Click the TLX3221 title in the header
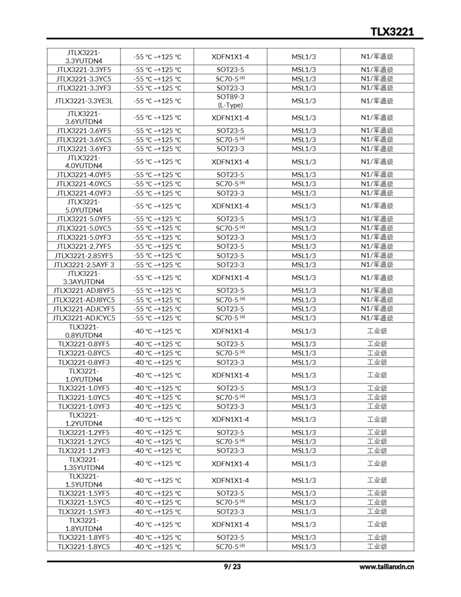392,32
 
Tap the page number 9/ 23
232,566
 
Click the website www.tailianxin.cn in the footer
386,567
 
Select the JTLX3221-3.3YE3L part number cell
84,101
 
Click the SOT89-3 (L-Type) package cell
230,101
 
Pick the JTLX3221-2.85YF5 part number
84,256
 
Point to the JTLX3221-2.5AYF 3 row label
84,265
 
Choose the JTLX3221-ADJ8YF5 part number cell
84,290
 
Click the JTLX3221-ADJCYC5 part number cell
84,318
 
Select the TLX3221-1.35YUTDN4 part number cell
84,464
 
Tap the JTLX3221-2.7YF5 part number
84,246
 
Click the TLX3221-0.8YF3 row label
84,362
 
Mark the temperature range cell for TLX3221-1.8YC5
157,546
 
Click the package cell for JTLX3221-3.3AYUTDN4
230,278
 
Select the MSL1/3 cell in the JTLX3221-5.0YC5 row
304,228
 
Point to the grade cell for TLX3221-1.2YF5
377,432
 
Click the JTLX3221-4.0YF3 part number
84,193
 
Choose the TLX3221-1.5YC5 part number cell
84,502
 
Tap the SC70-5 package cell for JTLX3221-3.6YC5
230,139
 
